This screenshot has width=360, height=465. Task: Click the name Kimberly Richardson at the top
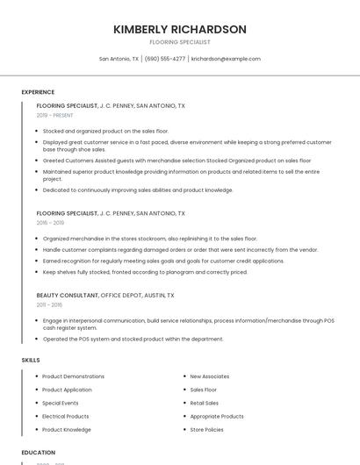pyautogui.click(x=180, y=29)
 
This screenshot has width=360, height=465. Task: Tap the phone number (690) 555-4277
pyautogui.click(x=165, y=59)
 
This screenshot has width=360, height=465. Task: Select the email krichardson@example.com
pyautogui.click(x=226, y=59)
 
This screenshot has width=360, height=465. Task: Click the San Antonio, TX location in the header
pyautogui.click(x=119, y=59)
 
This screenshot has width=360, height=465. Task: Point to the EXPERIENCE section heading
pyautogui.click(x=38, y=92)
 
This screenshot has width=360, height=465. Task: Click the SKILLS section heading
pyautogui.click(x=31, y=360)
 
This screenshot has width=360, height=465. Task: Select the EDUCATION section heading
pyautogui.click(x=39, y=453)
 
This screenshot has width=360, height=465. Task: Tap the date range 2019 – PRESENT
pyautogui.click(x=55, y=115)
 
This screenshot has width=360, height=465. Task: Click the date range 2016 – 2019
pyautogui.click(x=50, y=223)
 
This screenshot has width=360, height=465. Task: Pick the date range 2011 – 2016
pyautogui.click(x=49, y=305)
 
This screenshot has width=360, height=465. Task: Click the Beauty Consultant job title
pyautogui.click(x=68, y=296)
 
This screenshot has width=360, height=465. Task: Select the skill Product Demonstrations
pyautogui.click(x=73, y=376)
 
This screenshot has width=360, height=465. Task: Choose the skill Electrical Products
pyautogui.click(x=66, y=416)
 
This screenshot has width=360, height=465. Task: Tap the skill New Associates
pyautogui.click(x=209, y=376)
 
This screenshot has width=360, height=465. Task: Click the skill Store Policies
pyautogui.click(x=206, y=430)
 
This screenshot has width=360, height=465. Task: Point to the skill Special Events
pyautogui.click(x=61, y=403)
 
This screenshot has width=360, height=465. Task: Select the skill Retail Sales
pyautogui.click(x=205, y=403)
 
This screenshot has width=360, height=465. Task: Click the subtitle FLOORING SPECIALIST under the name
pyautogui.click(x=180, y=42)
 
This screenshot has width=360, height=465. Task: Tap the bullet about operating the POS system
pyautogui.click(x=133, y=339)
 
